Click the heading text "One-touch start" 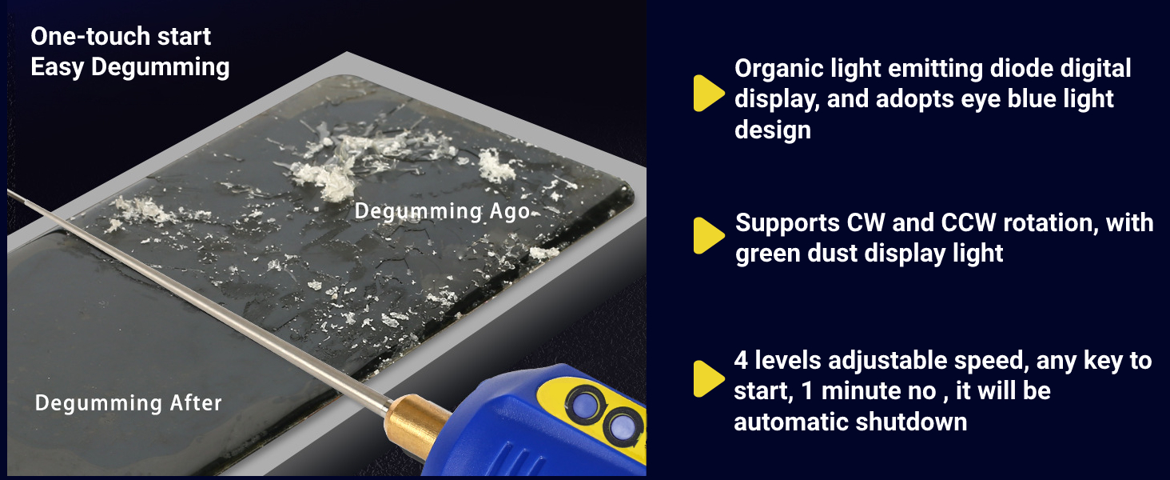[x=121, y=37]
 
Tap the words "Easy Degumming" [x=129, y=67]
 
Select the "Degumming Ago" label [x=442, y=211]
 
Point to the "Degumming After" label [x=128, y=403]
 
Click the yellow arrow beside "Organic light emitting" [x=706, y=94]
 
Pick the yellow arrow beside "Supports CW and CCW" [x=706, y=236]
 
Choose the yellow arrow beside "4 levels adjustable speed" [x=706, y=378]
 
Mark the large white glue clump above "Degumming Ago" [x=324, y=178]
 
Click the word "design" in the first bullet [x=773, y=130]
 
